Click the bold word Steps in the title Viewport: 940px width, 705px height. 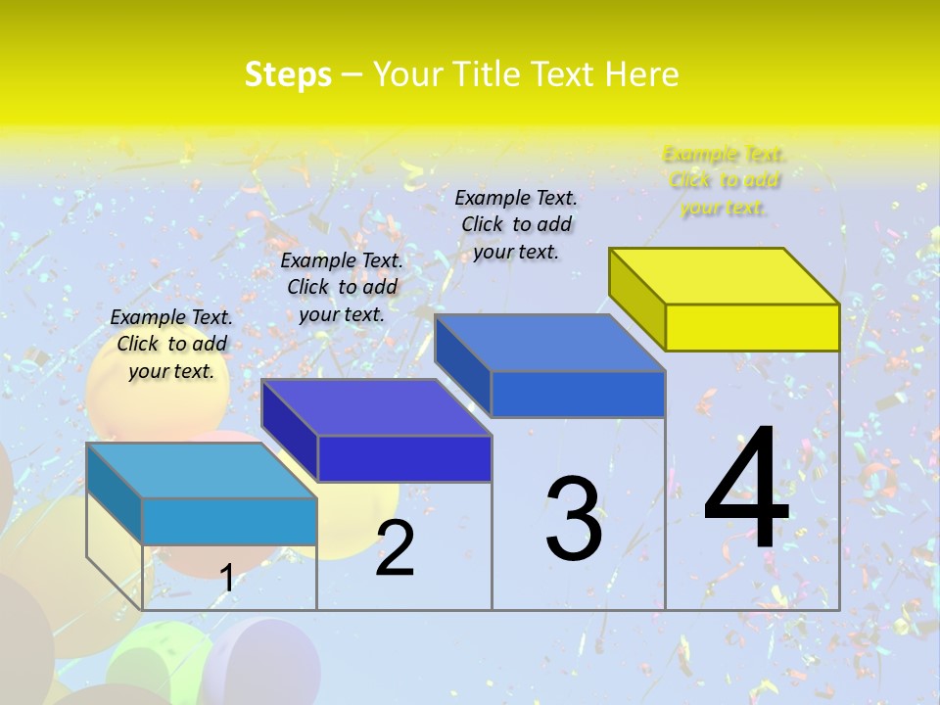[288, 74]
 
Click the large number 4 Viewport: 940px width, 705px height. [746, 489]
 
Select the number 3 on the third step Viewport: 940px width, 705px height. [574, 519]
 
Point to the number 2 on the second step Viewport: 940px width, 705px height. [395, 548]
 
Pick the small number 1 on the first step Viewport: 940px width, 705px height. [226, 578]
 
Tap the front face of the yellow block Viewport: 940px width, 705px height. [752, 327]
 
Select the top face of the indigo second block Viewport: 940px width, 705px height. [376, 407]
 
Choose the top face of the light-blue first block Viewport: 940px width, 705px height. [202, 470]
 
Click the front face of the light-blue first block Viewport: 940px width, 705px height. [229, 521]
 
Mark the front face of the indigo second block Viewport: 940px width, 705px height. [404, 458]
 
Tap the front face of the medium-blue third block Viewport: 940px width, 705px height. [578, 394]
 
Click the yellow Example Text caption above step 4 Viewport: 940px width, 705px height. [724, 180]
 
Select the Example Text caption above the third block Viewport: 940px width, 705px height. [516, 224]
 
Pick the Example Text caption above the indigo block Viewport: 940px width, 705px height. [342, 287]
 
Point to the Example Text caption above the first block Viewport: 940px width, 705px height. [171, 344]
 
